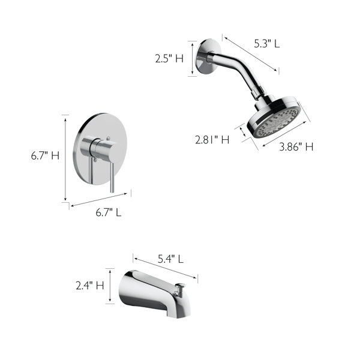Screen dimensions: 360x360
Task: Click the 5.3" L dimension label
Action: [x=267, y=43]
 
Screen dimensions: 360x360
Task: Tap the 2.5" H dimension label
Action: [x=169, y=59]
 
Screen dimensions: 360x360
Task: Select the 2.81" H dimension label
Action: [x=212, y=140]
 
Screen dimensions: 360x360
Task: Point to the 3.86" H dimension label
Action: [x=296, y=147]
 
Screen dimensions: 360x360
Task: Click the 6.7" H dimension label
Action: [x=45, y=155]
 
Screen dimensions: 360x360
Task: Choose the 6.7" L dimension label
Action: [x=109, y=212]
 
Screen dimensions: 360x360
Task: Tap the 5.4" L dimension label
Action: [x=170, y=259]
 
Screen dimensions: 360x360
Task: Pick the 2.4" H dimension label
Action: [x=90, y=286]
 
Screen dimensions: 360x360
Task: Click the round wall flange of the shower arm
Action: [x=208, y=56]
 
